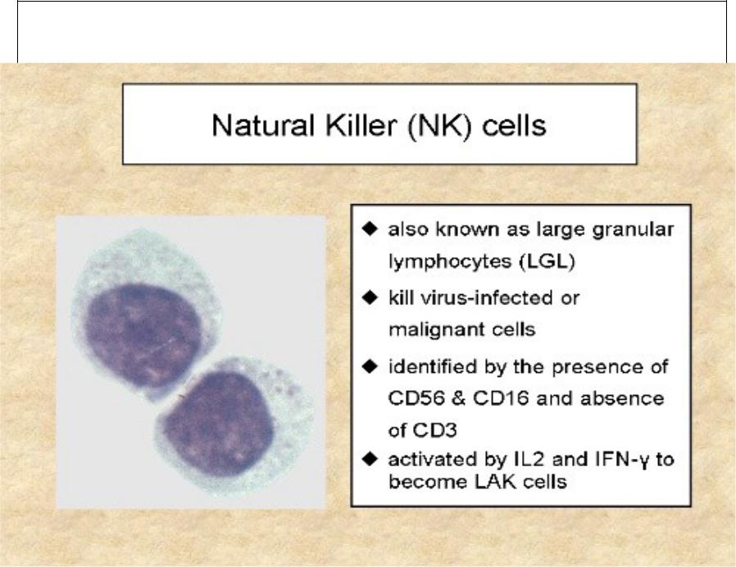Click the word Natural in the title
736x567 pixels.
263,125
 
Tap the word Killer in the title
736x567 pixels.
360,125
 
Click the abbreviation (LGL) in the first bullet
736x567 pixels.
547,261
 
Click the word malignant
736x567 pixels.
435,330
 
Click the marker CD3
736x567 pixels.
434,430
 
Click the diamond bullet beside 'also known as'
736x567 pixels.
370,229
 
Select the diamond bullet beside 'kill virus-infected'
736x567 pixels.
370,297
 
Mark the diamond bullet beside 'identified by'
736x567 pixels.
370,366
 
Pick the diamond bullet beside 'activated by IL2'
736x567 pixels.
370,459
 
